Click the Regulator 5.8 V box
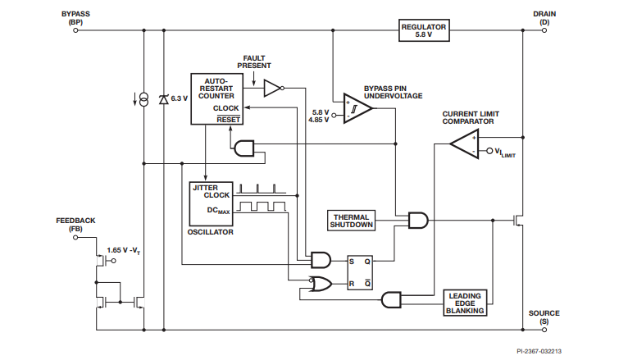(424, 30)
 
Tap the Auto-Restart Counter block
(216, 99)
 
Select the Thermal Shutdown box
(351, 221)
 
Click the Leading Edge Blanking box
(465, 303)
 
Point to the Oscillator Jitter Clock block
(211, 203)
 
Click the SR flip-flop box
(360, 272)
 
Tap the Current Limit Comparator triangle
(465, 144)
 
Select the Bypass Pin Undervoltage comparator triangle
(357, 108)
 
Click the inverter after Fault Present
(274, 88)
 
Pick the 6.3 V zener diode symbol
(163, 99)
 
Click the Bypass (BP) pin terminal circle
(75, 30)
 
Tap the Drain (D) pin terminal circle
(544, 30)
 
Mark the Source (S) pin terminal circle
(544, 330)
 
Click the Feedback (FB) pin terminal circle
(75, 237)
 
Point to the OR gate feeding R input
(321, 284)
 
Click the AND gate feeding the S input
(321, 260)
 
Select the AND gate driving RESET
(244, 148)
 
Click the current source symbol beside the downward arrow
(144, 99)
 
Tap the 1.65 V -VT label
(123, 251)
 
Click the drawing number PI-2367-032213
(539, 351)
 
